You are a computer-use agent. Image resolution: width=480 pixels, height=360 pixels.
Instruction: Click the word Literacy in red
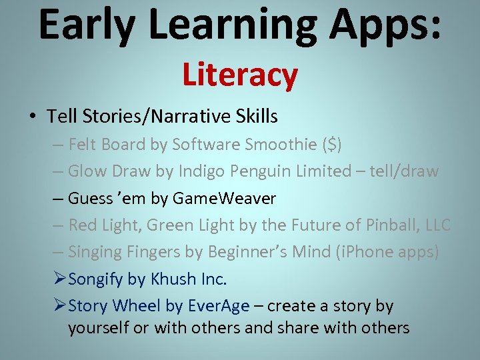pyautogui.click(x=239, y=75)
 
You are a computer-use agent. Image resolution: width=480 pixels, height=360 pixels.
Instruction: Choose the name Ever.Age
pyautogui.click(x=219, y=306)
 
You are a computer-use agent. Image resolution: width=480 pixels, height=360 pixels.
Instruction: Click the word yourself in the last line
pyautogui.click(x=99, y=328)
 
